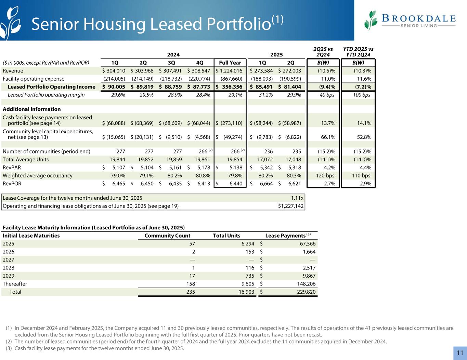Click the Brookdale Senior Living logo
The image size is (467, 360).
point(410,21)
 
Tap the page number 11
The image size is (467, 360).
point(460,353)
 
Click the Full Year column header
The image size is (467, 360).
point(230,63)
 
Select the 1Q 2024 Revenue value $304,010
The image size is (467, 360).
point(113,71)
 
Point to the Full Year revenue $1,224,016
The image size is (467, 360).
point(230,71)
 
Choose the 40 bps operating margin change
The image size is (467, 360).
point(327,95)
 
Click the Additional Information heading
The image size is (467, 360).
point(31,109)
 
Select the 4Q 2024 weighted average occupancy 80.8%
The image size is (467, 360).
point(202,175)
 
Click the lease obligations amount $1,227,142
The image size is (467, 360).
point(291,206)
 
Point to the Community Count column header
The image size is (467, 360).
point(167,236)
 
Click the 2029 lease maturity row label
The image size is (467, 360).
point(9,276)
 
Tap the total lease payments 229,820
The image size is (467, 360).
point(306,292)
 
